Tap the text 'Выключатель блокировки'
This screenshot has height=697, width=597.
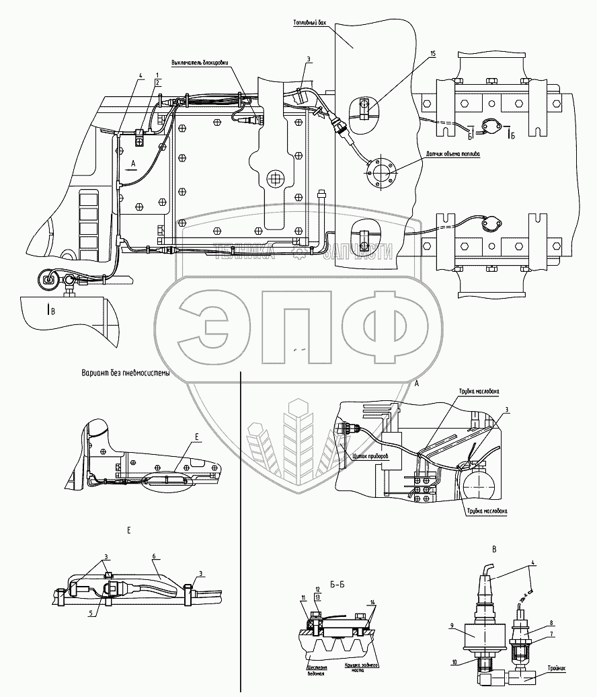pos(200,64)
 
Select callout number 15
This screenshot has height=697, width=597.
pos(433,52)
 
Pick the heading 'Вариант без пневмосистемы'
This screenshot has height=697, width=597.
pos(125,373)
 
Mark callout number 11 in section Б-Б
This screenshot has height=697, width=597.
pos(303,597)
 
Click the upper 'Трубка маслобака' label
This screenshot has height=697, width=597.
pos(479,390)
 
